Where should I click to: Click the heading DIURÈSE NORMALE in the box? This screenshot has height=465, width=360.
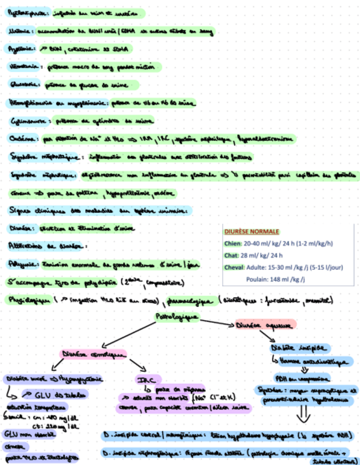(x=251, y=232)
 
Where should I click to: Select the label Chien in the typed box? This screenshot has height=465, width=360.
(x=233, y=244)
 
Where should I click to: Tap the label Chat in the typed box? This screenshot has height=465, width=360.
(x=231, y=256)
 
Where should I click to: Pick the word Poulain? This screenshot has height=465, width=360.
(x=256, y=280)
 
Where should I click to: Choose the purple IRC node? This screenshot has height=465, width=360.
(x=142, y=379)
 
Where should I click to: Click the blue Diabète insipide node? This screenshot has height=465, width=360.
(x=299, y=349)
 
